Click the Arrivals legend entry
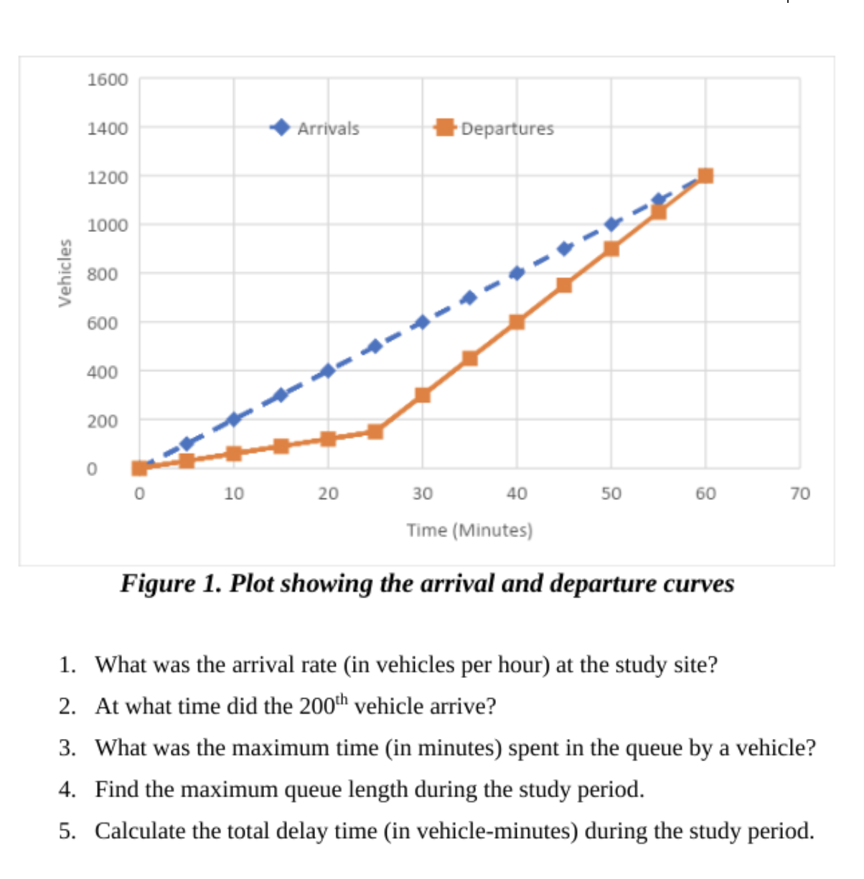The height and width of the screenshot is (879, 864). click(327, 129)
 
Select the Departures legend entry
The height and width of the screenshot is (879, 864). click(507, 129)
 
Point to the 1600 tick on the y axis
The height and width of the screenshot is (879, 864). click(108, 80)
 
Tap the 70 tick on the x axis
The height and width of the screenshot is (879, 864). click(799, 494)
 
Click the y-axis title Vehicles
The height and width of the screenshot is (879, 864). click(65, 273)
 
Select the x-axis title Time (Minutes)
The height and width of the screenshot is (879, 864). click(469, 531)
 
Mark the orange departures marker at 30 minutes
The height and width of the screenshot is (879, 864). click(423, 395)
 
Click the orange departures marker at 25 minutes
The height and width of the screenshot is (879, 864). click(375, 432)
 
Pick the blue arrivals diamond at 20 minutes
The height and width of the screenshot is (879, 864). click(328, 371)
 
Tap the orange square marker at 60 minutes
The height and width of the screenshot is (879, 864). click(705, 176)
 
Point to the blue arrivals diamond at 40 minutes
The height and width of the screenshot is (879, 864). click(517, 273)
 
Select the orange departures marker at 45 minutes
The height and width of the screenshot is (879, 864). click(564, 285)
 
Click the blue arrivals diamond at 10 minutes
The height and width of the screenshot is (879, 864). click(233, 419)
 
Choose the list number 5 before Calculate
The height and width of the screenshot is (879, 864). click(67, 831)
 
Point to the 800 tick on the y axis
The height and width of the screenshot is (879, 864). click(103, 274)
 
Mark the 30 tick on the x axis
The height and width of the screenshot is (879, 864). click(422, 494)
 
